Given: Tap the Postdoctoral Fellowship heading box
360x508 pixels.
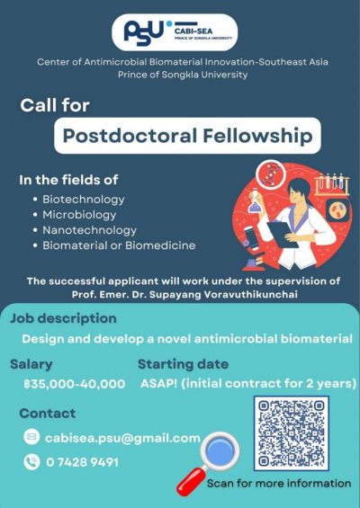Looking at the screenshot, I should click(x=188, y=138).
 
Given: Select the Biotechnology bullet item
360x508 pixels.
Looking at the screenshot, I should click(x=84, y=199).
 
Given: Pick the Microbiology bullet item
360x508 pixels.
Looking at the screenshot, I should click(x=79, y=215).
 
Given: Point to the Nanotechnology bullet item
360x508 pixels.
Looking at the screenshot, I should click(x=89, y=230).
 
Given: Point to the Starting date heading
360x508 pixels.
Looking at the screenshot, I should click(x=183, y=364).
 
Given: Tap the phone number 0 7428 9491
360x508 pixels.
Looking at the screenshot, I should click(x=82, y=462).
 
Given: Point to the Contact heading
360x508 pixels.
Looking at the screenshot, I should click(x=47, y=413).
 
